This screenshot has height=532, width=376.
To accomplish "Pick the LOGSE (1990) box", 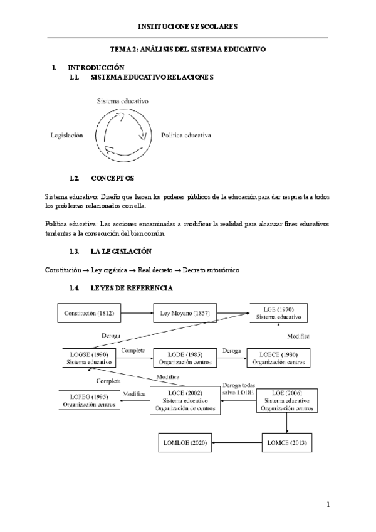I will [88, 358].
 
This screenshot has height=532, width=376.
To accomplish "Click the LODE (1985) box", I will [185, 358].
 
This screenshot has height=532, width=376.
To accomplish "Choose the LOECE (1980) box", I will [278, 358].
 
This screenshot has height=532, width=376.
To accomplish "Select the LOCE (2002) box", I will [189, 400].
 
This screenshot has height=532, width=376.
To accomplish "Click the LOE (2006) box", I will [287, 400].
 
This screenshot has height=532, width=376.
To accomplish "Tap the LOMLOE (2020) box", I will [184, 443].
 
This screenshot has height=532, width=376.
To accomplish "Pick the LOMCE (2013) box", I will [287, 443].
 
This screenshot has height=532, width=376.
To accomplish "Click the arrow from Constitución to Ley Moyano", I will [138, 311].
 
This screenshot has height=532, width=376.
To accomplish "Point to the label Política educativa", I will [186, 135].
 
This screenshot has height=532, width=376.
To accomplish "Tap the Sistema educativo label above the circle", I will [123, 100].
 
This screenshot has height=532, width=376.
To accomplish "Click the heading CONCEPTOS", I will [112, 178].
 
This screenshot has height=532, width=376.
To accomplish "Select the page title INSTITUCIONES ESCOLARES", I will [188, 27].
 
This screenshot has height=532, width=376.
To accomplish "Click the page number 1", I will [328, 504].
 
